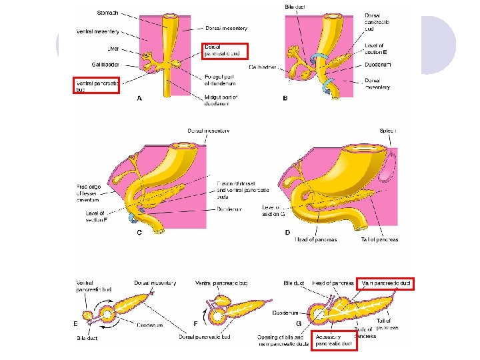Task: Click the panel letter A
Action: click(139, 98)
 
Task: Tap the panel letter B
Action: click(285, 99)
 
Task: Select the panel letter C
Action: click(139, 232)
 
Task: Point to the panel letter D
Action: click(287, 232)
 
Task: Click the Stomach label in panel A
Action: click(108, 13)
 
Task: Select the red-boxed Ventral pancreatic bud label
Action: click(95, 86)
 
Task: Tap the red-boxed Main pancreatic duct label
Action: click(385, 283)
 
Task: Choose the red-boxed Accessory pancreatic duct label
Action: click(333, 340)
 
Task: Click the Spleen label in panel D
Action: click(387, 131)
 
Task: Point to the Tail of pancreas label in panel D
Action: click(379, 240)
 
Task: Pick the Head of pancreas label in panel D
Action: click(316, 240)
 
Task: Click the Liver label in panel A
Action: click(113, 48)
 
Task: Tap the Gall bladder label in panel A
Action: click(105, 65)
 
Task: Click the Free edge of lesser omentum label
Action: click(91, 194)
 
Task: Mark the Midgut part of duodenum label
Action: click(221, 101)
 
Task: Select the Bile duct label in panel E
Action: click(87, 339)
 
